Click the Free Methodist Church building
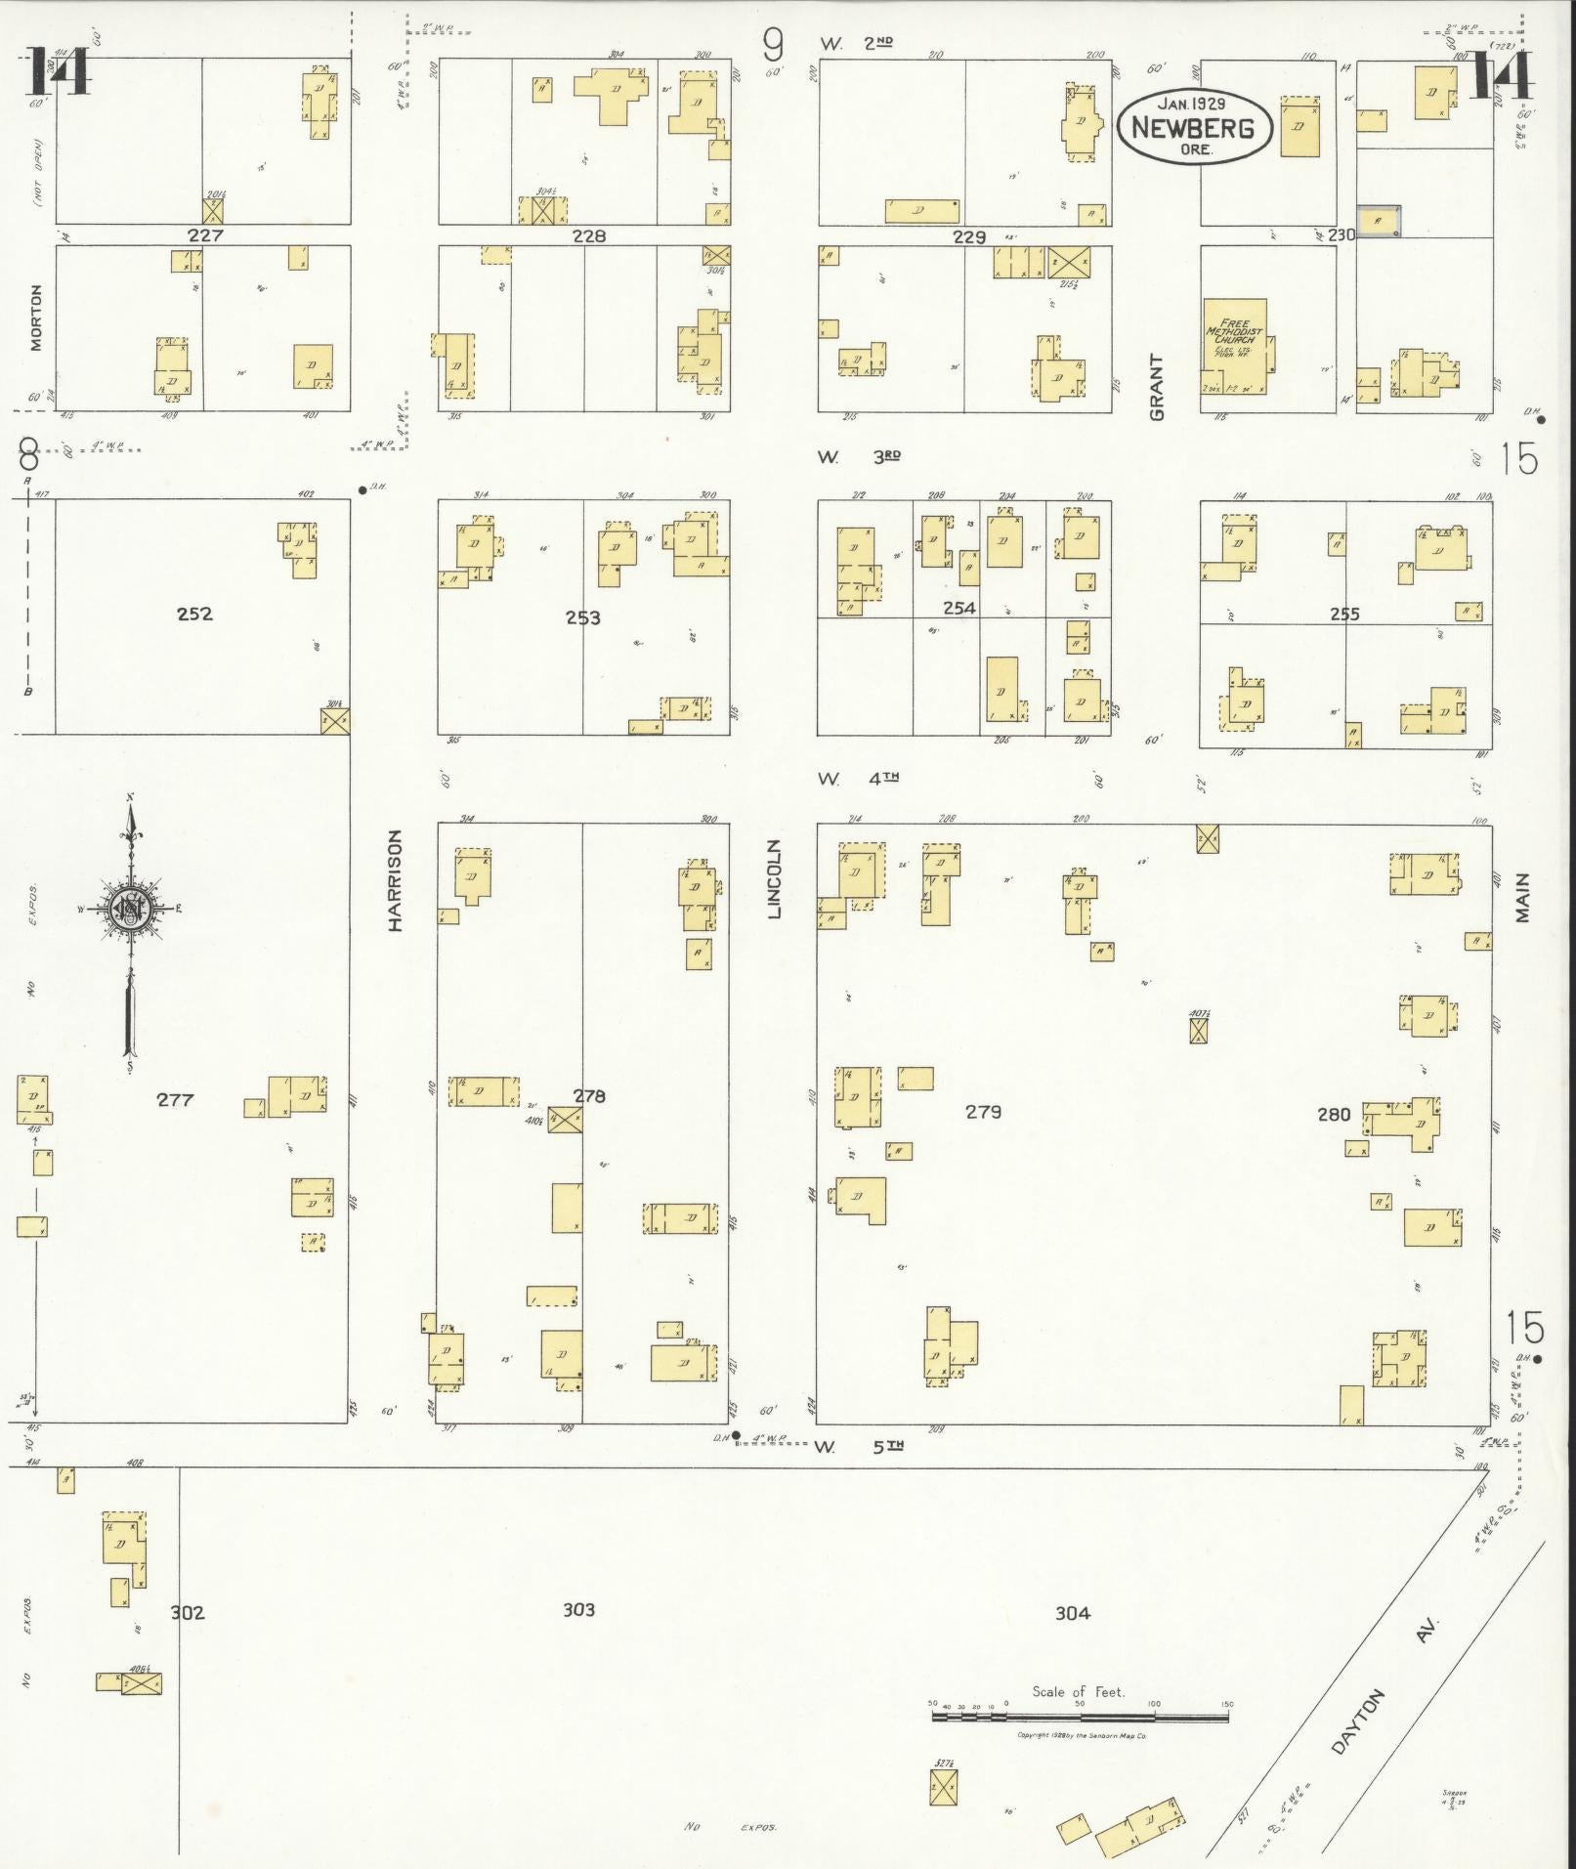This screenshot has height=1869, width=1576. click(1234, 345)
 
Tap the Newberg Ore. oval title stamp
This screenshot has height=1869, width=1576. click(1193, 127)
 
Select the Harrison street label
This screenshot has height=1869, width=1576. click(396, 879)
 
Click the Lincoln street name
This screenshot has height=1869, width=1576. click(775, 878)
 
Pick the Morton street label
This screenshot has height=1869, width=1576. click(36, 318)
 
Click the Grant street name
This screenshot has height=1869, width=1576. click(1158, 387)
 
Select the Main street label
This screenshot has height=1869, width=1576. click(1522, 898)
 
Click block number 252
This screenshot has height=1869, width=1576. click(194, 614)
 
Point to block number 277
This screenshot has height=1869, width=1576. click(175, 1100)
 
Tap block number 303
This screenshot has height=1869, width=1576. click(578, 1609)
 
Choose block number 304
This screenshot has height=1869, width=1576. click(1072, 1613)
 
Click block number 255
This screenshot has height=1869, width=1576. click(1344, 614)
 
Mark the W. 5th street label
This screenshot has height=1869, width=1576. click(860, 1447)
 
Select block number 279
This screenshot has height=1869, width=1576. click(983, 1112)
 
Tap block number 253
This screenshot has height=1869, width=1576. click(582, 617)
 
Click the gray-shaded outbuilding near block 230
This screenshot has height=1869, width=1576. click(1378, 221)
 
